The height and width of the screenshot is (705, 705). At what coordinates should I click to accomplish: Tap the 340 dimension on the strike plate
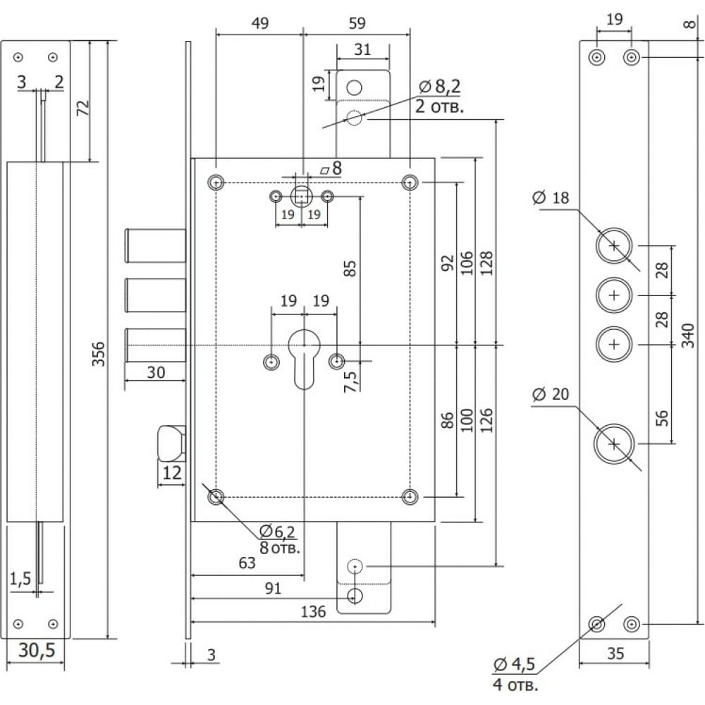pos(688,336)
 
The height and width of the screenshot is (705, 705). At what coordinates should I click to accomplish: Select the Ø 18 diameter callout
pos(551,197)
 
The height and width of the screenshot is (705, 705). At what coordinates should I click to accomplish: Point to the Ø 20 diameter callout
pos(551,394)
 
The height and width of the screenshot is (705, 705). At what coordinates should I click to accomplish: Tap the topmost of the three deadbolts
pos(155,245)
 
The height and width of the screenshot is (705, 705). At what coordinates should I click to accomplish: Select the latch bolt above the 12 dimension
pos(171,443)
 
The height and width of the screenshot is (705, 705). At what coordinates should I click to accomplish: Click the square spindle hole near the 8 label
pos(301,197)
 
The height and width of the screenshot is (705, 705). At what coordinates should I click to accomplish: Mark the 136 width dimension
pos(313,611)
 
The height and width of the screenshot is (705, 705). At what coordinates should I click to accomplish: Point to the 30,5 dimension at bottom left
pos(37,650)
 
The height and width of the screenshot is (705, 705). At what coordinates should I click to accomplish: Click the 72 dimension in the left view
pos(82,108)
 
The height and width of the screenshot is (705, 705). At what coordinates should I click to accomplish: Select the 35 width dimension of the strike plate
pos(615,654)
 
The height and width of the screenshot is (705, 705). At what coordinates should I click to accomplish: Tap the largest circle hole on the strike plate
pos(614,443)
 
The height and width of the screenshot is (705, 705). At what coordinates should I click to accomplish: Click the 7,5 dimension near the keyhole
pos(350,381)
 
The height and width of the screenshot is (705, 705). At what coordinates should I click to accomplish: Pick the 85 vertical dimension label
pos(350,268)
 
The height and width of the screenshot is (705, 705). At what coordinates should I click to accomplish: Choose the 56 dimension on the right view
pos(661,417)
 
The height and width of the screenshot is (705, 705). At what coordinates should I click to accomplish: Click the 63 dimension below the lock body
pos(247,563)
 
